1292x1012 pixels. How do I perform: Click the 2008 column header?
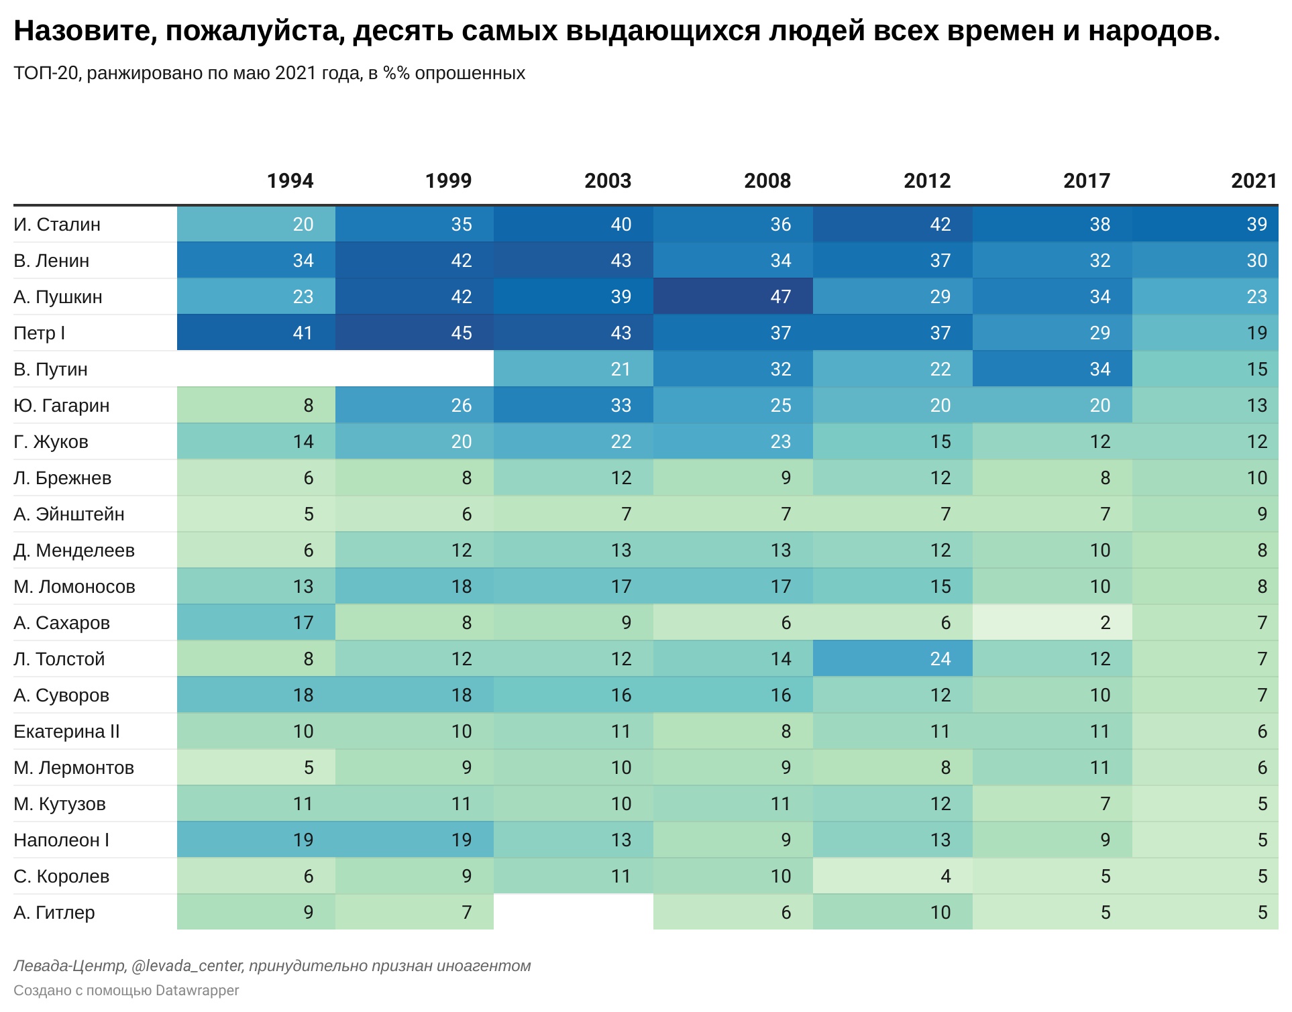point(767,180)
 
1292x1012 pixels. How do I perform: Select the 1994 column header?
point(290,180)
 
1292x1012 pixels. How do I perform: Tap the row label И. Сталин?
point(57,224)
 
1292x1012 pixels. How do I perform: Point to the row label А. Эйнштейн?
point(69,514)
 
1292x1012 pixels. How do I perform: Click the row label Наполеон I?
point(61,840)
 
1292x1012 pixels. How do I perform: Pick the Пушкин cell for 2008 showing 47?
point(733,296)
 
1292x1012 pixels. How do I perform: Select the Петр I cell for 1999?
point(415,333)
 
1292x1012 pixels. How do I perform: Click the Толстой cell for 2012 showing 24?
point(893,659)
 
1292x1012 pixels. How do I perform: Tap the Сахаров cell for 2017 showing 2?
point(1053,622)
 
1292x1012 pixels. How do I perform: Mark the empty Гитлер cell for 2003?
point(574,912)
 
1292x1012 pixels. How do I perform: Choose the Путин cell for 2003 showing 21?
point(574,369)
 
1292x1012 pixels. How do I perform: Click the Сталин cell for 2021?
point(1205,224)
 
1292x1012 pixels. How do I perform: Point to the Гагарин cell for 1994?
point(256,405)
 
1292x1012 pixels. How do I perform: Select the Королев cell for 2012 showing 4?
point(893,876)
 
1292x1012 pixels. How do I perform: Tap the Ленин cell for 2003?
point(574,260)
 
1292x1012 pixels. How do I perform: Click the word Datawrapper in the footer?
point(197,991)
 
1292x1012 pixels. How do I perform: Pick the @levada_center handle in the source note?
point(188,966)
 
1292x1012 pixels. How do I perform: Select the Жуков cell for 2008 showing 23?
point(733,441)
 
